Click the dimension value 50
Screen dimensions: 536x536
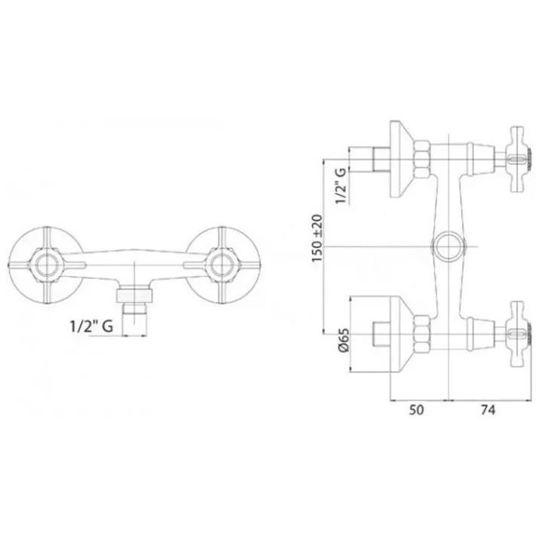(x=416, y=409)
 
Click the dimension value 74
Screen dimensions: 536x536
(x=488, y=409)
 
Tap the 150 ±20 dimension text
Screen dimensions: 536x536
(x=317, y=238)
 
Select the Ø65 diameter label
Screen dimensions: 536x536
(x=343, y=339)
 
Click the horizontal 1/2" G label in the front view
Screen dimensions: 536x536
(x=91, y=326)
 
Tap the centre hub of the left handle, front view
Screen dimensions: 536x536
(x=46, y=265)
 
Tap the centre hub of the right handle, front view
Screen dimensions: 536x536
(x=222, y=265)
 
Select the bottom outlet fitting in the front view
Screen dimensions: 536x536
(x=135, y=302)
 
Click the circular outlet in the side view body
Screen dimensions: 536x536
(x=448, y=247)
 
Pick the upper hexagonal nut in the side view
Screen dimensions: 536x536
(x=421, y=159)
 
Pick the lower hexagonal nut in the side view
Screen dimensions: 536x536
(x=421, y=334)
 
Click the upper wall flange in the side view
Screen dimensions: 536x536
(x=402, y=159)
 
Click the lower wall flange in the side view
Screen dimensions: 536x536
(x=402, y=334)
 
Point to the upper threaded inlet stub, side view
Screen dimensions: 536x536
(x=381, y=159)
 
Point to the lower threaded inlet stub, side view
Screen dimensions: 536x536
(x=381, y=334)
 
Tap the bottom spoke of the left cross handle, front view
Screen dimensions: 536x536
(x=47, y=290)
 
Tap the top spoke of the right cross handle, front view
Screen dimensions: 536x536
(x=222, y=240)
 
